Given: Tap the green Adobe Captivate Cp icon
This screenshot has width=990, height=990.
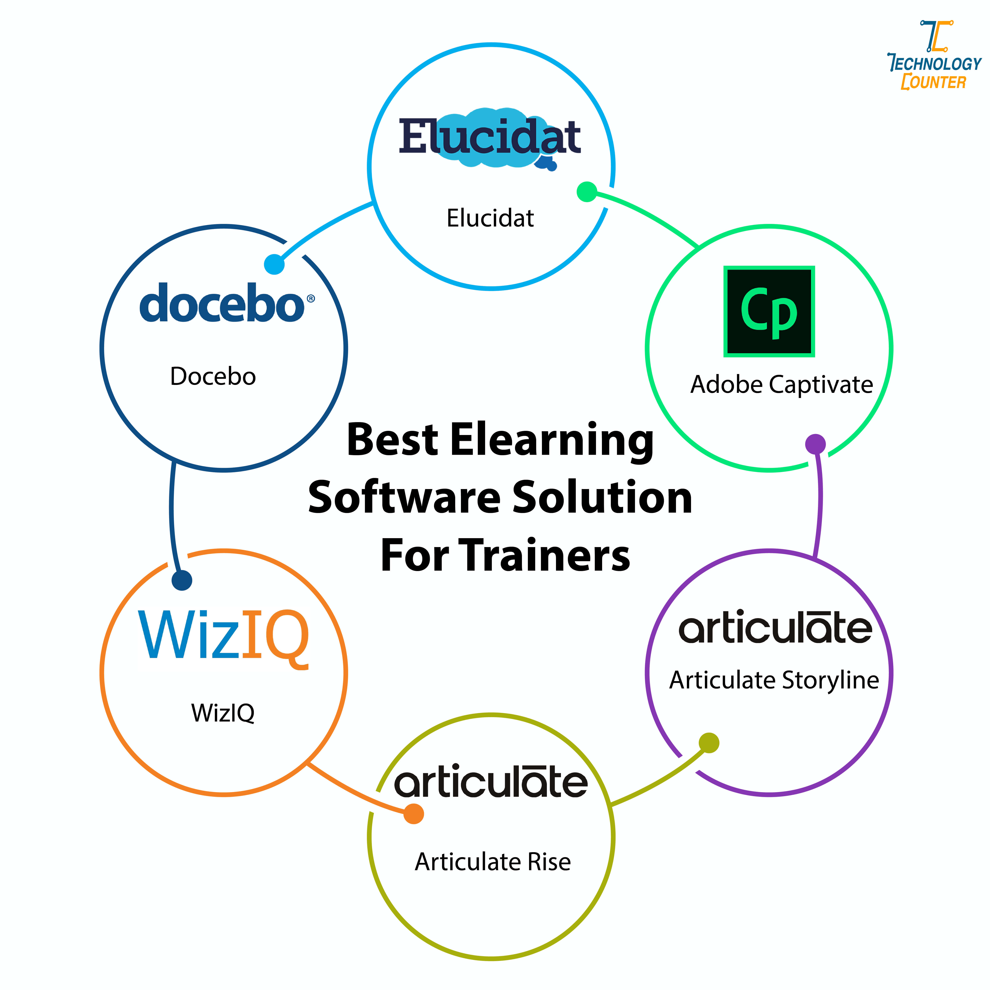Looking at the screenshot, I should tap(769, 311).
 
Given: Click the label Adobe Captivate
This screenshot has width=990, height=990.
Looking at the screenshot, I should tap(781, 384).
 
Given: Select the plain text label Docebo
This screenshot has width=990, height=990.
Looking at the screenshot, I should tap(213, 377).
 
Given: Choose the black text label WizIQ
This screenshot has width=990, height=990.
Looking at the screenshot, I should tap(223, 713).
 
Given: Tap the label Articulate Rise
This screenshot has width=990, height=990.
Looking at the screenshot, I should tap(492, 862).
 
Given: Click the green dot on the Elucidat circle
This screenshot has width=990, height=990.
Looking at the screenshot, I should tap(587, 192).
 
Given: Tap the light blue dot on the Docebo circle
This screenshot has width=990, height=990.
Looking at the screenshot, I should tap(274, 264).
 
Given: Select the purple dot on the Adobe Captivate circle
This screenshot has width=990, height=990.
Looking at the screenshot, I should tap(815, 444).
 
